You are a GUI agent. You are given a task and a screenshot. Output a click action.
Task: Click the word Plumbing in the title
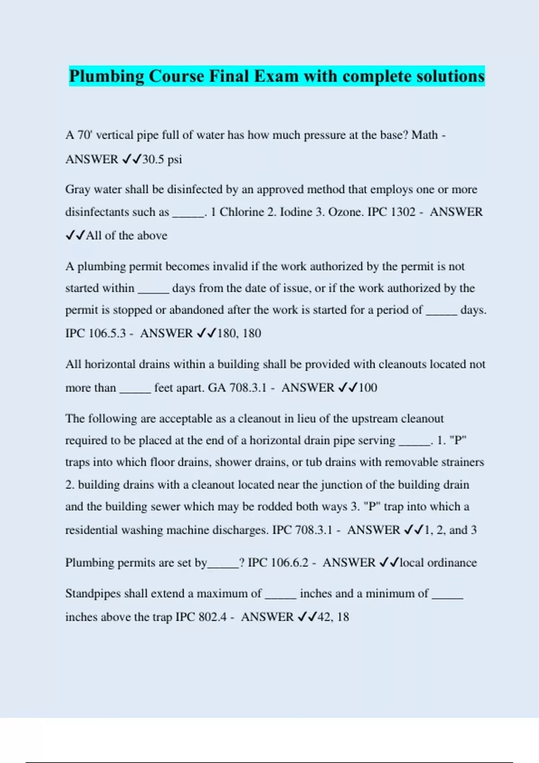coord(106,76)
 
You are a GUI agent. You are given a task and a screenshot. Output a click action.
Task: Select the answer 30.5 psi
coord(162,159)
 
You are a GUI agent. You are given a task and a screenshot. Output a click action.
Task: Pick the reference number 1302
coord(403,212)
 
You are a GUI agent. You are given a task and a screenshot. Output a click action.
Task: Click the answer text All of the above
coord(127,236)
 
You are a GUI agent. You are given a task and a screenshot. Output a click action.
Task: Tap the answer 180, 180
coord(239,333)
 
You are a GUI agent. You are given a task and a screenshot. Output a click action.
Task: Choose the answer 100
coord(368,388)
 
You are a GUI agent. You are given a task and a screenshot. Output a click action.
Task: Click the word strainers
coord(464,462)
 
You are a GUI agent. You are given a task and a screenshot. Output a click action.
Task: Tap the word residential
coord(92,530)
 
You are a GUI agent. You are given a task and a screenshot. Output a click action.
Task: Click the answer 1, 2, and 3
coord(451,530)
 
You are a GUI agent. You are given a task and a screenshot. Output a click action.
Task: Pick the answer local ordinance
coord(438,563)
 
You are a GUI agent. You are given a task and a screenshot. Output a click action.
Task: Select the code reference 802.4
coord(212,617)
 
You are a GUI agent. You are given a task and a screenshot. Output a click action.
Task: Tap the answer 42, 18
coord(333,617)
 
